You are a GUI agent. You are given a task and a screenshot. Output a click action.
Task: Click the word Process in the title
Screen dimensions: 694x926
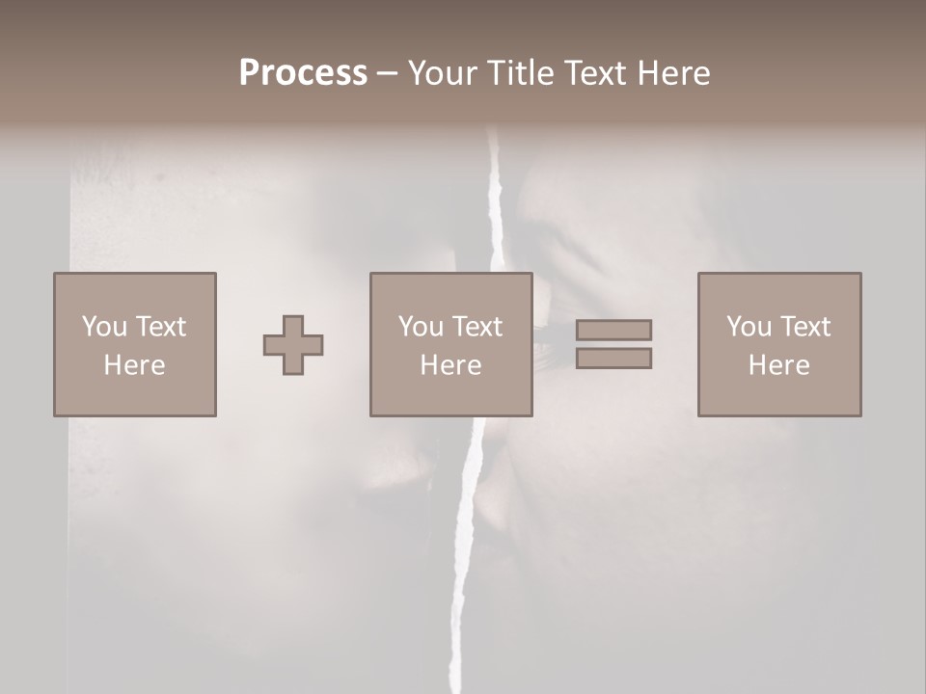pos(303,73)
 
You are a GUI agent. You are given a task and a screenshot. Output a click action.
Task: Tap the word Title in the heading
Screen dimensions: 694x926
pos(521,73)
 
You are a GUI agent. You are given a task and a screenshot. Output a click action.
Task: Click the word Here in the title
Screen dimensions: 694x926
pos(675,73)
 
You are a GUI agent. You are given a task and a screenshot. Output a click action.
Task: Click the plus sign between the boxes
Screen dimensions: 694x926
pos(293,345)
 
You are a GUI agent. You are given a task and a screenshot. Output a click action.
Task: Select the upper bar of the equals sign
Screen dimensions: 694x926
pos(613,330)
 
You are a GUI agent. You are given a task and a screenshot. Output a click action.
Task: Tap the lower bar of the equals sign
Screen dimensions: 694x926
pos(613,359)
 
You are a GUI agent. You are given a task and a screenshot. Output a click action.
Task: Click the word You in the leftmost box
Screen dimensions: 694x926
pos(104,327)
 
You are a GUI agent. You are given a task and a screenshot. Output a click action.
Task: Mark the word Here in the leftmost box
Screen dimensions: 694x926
pos(134,365)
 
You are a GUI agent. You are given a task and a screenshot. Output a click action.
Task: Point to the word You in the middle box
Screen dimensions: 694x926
pos(421,327)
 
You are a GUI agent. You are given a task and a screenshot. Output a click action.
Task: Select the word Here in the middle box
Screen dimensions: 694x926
pos(450,365)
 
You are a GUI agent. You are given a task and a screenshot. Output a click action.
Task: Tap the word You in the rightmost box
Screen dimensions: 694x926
pos(749,327)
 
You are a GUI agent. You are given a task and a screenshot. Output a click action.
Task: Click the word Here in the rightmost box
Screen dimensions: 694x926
pos(778,365)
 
